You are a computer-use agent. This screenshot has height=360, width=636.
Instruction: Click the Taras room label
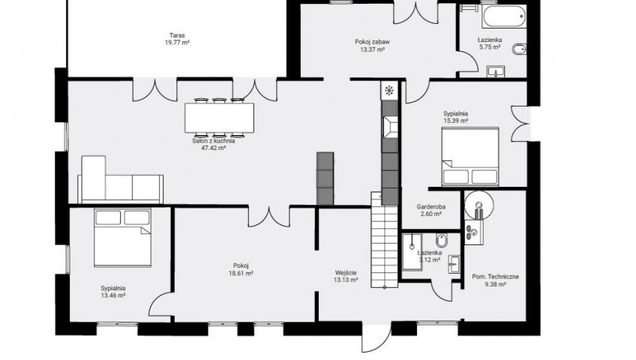[x=177, y=35]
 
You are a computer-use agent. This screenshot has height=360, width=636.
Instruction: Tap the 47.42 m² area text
[x=213, y=148]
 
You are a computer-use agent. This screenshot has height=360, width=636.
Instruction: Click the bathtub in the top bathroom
[x=504, y=16]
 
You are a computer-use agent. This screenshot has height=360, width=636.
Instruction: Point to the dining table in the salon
[x=220, y=118]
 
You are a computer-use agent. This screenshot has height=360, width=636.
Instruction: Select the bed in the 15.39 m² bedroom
[x=470, y=157]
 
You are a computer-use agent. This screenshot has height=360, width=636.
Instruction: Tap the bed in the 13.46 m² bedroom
[x=122, y=238]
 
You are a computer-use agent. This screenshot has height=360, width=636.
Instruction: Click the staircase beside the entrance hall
[x=385, y=241]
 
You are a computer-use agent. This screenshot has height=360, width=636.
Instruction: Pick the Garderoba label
[x=431, y=207]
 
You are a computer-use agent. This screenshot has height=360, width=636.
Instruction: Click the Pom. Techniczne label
[x=495, y=277]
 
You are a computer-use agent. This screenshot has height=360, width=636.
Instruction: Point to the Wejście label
[x=346, y=273]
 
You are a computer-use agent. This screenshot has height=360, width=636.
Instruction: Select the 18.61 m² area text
[x=241, y=273]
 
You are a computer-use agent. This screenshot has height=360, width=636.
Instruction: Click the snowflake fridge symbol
[x=389, y=91]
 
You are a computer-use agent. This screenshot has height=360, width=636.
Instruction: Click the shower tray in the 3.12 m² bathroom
[x=412, y=251]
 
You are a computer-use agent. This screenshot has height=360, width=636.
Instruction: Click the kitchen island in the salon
[x=325, y=178]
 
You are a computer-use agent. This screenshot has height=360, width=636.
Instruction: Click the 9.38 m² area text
[x=495, y=284]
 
